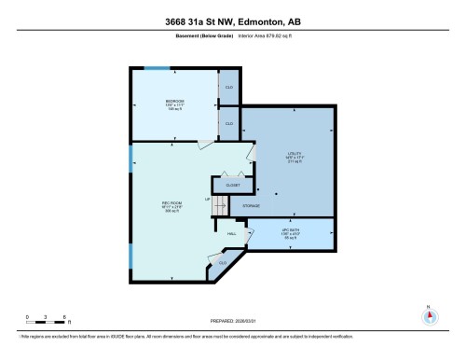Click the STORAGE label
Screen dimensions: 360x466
click(x=252, y=205)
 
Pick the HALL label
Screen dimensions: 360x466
click(x=231, y=233)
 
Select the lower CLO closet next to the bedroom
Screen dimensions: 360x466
click(x=229, y=123)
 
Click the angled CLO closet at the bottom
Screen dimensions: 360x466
click(x=222, y=264)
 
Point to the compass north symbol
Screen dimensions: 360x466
click(x=429, y=314)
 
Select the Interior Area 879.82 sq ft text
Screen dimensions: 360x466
click(x=273, y=38)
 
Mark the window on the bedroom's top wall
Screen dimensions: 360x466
click(x=157, y=68)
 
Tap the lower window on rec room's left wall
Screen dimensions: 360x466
click(x=130, y=252)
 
